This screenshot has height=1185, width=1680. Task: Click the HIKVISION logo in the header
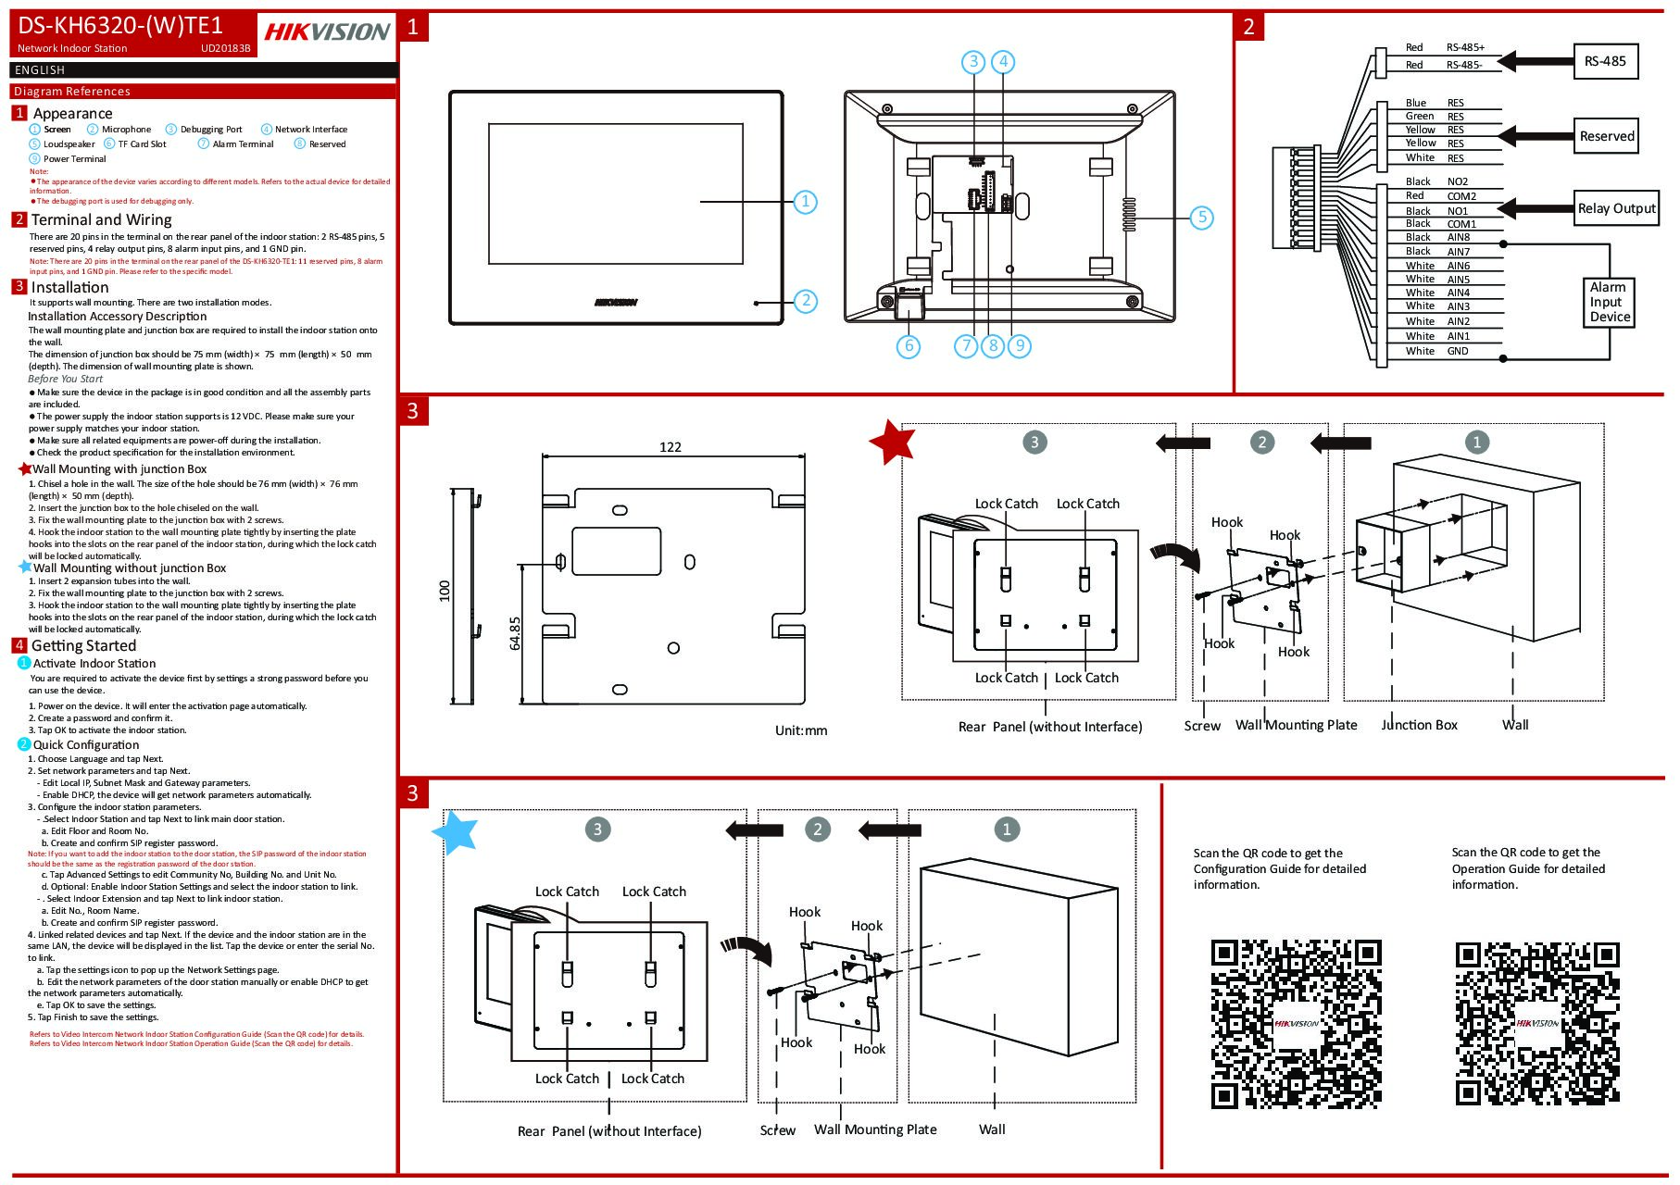[327, 31]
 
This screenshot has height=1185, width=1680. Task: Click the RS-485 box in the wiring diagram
[1605, 61]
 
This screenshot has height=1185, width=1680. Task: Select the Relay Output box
[1616, 208]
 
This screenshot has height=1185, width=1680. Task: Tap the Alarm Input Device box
[1610, 302]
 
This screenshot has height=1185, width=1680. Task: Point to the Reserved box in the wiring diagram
[1606, 136]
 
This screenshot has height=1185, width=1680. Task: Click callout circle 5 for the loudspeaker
[1201, 218]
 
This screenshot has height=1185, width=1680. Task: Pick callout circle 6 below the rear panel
[909, 346]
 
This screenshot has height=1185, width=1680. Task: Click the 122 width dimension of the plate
[671, 447]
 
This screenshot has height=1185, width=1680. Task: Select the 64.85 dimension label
[516, 633]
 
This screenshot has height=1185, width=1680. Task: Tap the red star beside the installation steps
[893, 442]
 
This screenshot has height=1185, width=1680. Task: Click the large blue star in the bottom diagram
[456, 831]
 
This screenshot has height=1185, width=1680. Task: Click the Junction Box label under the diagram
[1419, 725]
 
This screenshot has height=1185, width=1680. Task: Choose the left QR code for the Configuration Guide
[1296, 1023]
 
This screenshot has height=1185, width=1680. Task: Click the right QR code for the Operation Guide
[1537, 1023]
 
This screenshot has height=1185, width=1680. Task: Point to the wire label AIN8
[1458, 237]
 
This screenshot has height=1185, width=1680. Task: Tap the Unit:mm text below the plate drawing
[800, 730]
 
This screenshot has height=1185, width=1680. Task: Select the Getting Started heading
[83, 645]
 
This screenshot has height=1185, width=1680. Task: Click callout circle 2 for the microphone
[806, 300]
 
